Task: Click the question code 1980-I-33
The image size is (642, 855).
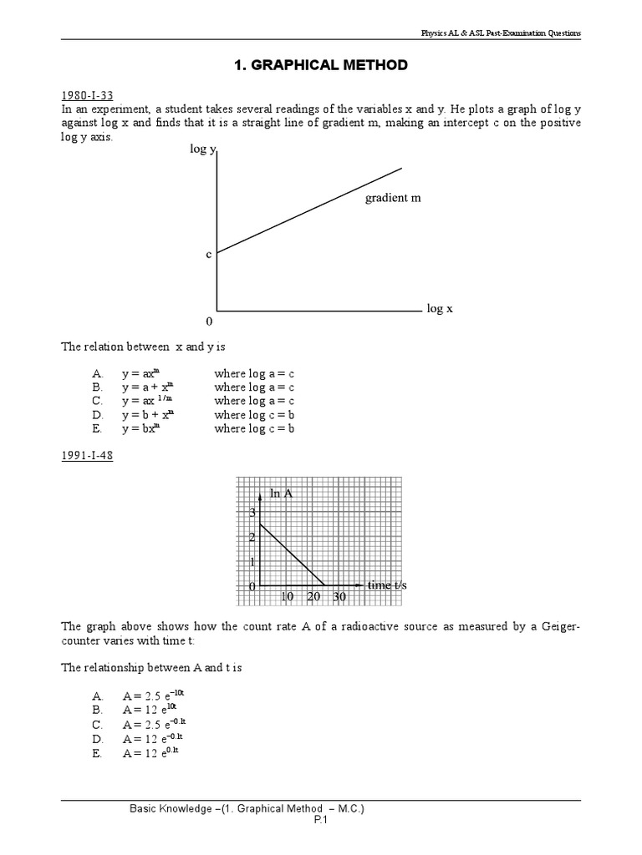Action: pos(85,96)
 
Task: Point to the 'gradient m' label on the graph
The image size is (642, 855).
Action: pos(393,198)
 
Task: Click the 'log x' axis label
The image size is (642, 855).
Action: pos(440,308)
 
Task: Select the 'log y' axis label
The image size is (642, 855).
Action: pos(202,149)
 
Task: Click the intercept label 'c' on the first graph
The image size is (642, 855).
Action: pos(209,254)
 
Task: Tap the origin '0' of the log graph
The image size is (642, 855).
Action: pos(209,321)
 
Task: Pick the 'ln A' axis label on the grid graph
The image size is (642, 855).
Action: pos(282,493)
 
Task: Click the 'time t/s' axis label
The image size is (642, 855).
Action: pos(387,585)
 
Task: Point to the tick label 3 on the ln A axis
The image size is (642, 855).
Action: pos(252,513)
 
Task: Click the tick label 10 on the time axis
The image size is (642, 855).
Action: pos(287,597)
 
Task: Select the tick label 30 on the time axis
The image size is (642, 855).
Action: pos(339,597)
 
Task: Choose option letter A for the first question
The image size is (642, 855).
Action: pos(98,374)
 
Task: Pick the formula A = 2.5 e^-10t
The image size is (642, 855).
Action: pos(155,696)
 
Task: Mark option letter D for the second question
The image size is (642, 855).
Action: pos(98,738)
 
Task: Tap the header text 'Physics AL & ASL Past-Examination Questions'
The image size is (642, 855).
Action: pos(500,33)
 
